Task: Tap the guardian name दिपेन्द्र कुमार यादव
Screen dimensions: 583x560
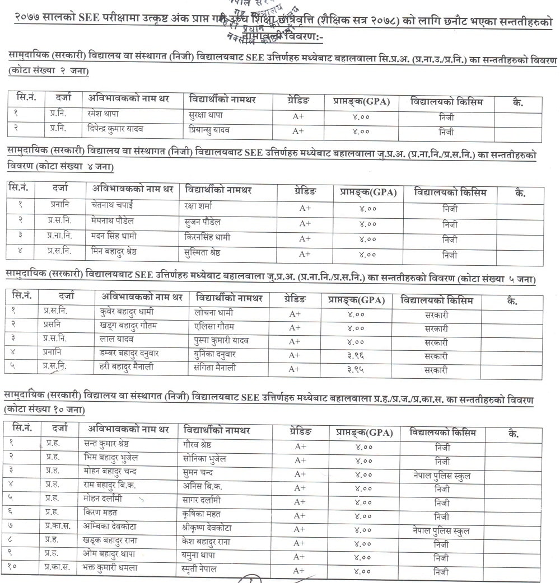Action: tap(116, 130)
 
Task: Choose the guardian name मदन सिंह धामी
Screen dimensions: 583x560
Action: tap(114, 237)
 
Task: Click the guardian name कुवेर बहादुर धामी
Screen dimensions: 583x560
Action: tap(127, 312)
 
